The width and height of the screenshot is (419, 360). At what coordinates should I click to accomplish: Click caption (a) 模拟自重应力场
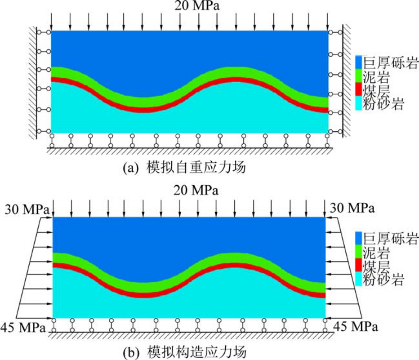coord(184,168)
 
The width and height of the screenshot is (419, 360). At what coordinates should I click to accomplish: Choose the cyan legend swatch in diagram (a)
coord(358,104)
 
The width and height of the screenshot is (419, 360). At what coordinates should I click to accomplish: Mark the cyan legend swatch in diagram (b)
coord(358,280)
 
